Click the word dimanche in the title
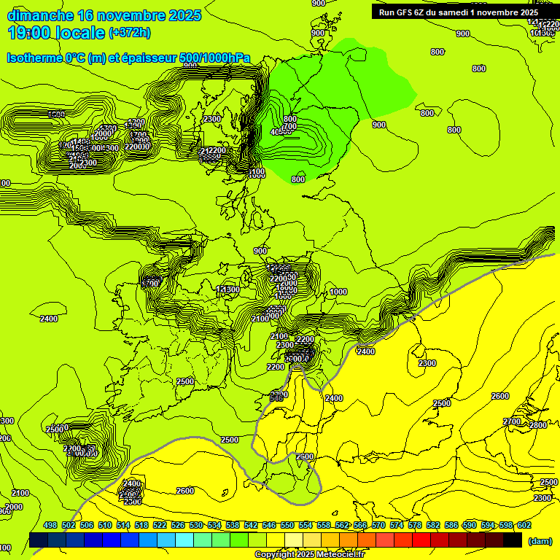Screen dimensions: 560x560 click(39, 15)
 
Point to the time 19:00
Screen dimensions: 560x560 click(28, 33)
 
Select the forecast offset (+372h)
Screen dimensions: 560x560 click(130, 33)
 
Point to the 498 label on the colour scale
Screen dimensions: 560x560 click(50, 525)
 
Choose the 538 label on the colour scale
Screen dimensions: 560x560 click(233, 525)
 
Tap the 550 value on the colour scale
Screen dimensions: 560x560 click(287, 525)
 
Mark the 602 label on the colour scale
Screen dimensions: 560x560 click(524, 525)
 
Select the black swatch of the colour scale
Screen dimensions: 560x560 click(513, 540)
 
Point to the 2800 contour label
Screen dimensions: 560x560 click(538, 425)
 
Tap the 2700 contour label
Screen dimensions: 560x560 click(512, 421)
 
